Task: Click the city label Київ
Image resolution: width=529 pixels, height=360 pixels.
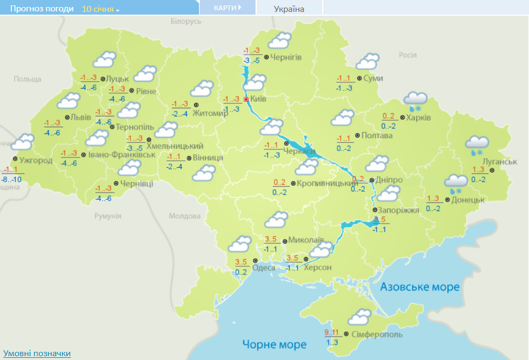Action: pyautogui.click(x=258, y=100)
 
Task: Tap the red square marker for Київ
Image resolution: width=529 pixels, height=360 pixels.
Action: pyautogui.click(x=246, y=100)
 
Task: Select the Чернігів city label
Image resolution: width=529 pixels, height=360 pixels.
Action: pyautogui.click(x=285, y=57)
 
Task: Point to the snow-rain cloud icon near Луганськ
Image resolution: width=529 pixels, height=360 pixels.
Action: pyautogui.click(x=477, y=145)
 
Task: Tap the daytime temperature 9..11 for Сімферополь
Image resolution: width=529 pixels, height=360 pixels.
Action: pyautogui.click(x=331, y=332)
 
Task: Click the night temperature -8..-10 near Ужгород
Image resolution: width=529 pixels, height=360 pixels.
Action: pyautogui.click(x=11, y=179)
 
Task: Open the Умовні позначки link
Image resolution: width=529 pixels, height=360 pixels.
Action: pyautogui.click(x=37, y=354)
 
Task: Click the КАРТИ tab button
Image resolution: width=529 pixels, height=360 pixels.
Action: pyautogui.click(x=227, y=8)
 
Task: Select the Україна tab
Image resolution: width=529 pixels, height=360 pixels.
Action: pyautogui.click(x=289, y=9)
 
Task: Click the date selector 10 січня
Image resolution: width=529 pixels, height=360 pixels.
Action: pyautogui.click(x=101, y=9)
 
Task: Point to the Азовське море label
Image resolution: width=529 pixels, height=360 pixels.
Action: pyautogui.click(x=420, y=286)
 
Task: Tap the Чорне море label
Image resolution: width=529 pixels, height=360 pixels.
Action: pyautogui.click(x=274, y=344)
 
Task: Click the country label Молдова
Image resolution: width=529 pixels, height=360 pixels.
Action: pyautogui.click(x=184, y=216)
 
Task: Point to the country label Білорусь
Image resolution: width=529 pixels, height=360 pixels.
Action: pyautogui.click(x=185, y=21)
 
